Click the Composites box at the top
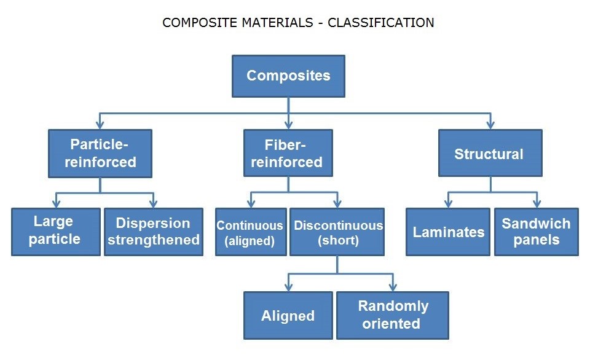point(288,76)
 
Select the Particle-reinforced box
point(100,153)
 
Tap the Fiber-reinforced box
point(288,153)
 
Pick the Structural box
point(489,153)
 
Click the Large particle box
point(55,231)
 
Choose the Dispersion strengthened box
point(153,231)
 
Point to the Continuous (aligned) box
point(250,232)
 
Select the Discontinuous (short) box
point(337,232)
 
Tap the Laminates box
point(448,232)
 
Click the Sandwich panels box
point(536,232)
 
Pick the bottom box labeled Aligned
point(288,316)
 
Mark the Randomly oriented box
point(392,315)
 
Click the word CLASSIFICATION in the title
point(381,23)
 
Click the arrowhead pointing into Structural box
point(490,125)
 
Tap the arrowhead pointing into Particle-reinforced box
point(100,125)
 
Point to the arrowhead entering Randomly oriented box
point(393,287)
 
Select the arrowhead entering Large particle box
point(55,203)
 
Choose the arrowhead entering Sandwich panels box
point(537,203)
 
